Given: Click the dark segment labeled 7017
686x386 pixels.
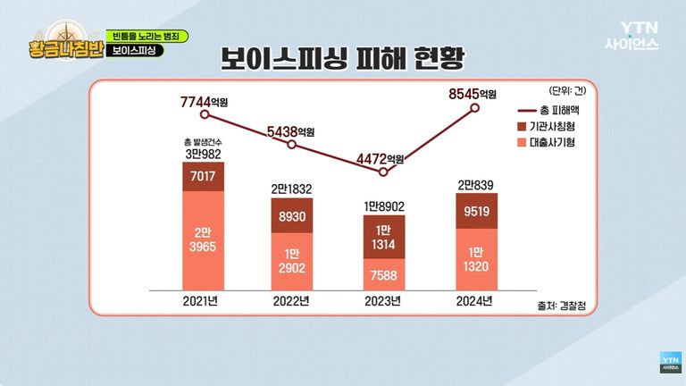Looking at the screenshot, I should coord(204,177).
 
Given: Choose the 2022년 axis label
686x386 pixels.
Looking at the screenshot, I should coord(294,300).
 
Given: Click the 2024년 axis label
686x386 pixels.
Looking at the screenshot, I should coord(474,300).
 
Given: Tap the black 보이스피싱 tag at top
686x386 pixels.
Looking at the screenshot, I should coord(135,50).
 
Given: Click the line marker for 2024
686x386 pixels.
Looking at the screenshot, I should coord(475,108).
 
